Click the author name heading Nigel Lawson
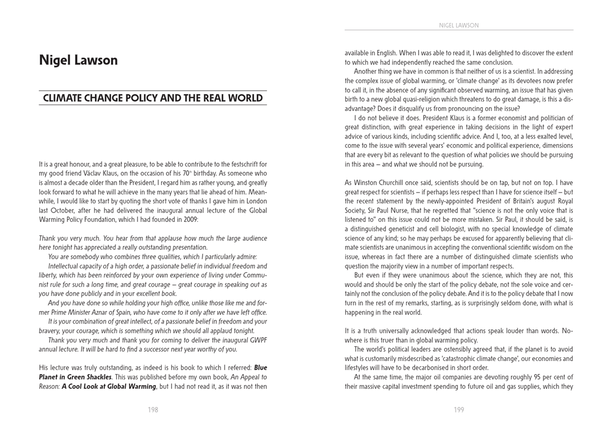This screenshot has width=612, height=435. [x=78, y=60]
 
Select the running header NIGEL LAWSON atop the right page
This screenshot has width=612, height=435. [x=458, y=25]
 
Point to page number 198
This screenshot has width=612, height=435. [x=153, y=409]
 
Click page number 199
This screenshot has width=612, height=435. [x=459, y=409]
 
